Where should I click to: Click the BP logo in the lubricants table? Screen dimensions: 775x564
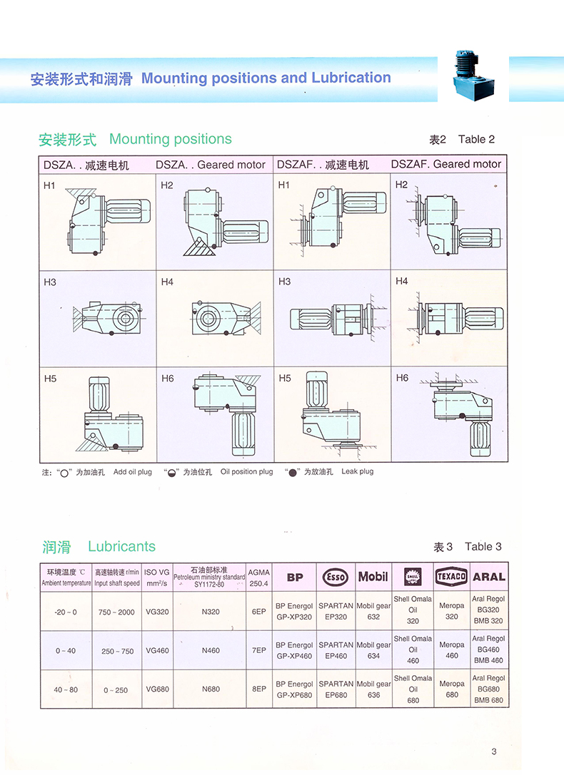296,577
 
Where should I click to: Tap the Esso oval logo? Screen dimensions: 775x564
336,577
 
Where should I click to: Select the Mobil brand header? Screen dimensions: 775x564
373,576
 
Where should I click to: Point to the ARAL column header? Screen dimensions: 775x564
489,577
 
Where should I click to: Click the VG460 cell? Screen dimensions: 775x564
157,650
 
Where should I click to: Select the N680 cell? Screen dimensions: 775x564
211,689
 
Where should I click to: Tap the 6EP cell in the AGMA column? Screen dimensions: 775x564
258,612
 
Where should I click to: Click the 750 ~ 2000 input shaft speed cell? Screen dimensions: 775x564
117,612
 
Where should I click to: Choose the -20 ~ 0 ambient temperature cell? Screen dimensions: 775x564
66,612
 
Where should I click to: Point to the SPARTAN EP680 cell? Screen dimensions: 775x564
336,689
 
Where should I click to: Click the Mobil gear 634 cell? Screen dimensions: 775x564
373,650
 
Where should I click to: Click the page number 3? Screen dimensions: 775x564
494,750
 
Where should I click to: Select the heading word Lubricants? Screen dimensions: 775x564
121,547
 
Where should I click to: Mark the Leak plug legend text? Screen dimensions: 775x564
357,472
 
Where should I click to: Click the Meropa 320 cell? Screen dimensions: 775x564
451,612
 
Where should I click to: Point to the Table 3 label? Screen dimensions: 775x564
483,547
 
